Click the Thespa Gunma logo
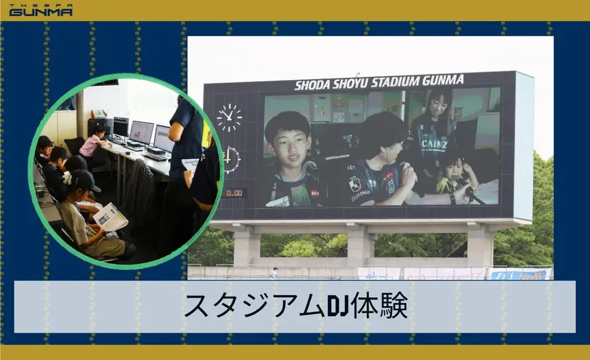coord(40,10)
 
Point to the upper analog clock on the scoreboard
coord(229,118)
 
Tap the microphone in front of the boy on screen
coord(312,169)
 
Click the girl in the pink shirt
coord(93,142)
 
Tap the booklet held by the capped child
coord(110,217)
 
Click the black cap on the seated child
coord(85,180)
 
